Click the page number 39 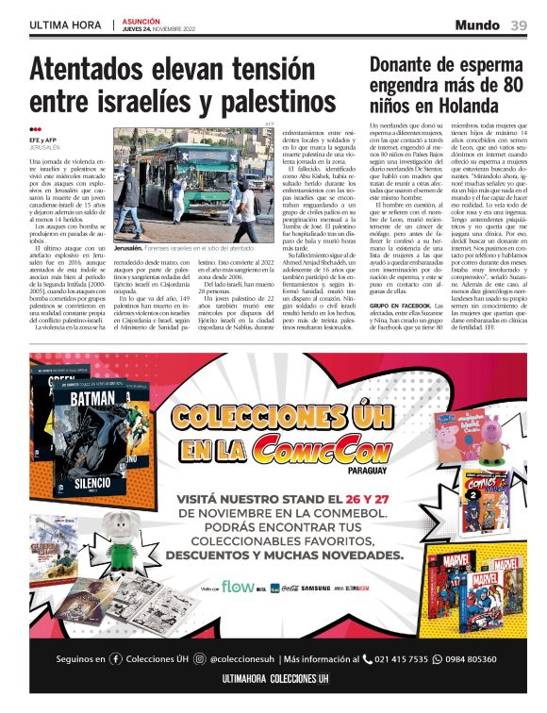[x=519, y=25]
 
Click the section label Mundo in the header [x=477, y=25]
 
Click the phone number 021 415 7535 [x=400, y=659]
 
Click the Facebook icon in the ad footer [x=117, y=659]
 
